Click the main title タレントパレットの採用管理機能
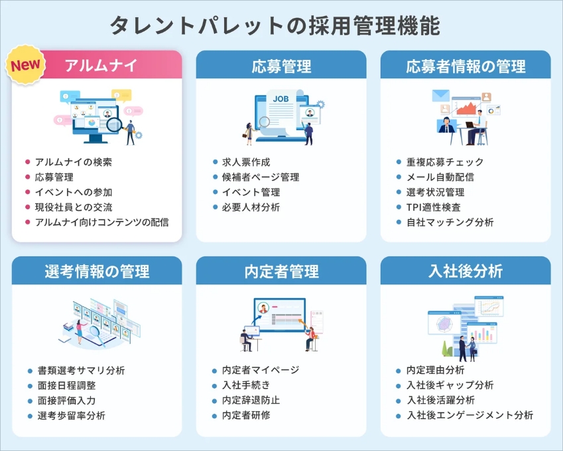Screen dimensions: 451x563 (x=281, y=25)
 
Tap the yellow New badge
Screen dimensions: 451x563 (x=25, y=66)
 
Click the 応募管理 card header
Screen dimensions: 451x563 (x=281, y=66)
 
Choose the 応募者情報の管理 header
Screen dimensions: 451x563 (x=466, y=66)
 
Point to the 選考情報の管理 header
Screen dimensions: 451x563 (x=97, y=271)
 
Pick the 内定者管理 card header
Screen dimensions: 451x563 (x=281, y=271)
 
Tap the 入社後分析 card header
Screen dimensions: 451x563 (x=466, y=271)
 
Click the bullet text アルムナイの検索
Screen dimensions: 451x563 (x=73, y=162)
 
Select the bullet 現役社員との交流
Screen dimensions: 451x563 (x=73, y=207)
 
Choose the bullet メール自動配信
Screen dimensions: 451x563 (x=440, y=177)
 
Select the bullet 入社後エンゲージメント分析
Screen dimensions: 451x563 (x=469, y=415)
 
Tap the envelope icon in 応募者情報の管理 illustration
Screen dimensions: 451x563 (x=441, y=96)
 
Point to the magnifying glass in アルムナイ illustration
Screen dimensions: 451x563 (x=115, y=124)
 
